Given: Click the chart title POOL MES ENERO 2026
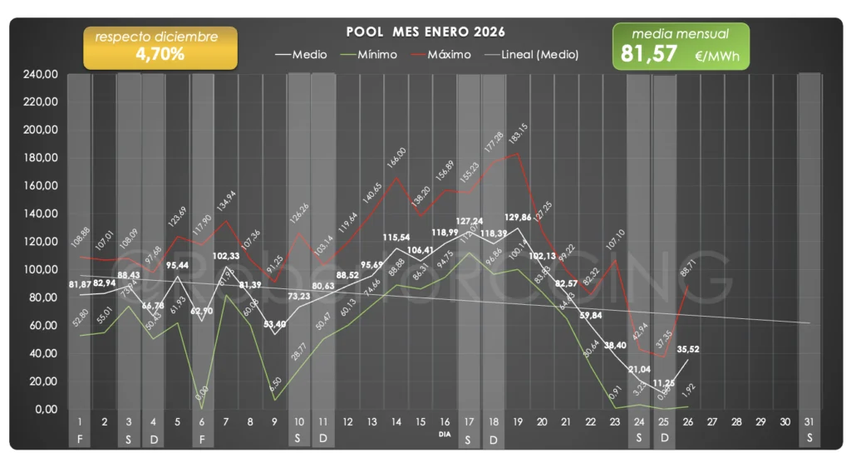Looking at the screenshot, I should click(x=425, y=32).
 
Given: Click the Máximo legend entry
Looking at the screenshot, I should click(x=450, y=55).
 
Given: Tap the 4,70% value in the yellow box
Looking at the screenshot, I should click(x=160, y=55).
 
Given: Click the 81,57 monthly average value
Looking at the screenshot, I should click(x=651, y=55).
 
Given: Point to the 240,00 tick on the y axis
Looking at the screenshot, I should click(x=41, y=75).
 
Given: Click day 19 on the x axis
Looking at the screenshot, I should click(x=518, y=422).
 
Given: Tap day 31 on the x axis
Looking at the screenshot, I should click(x=809, y=422).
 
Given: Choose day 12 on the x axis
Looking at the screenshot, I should click(x=347, y=422).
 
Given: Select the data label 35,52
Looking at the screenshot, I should click(x=688, y=349).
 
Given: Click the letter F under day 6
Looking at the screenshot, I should click(x=202, y=437).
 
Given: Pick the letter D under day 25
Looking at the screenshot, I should click(x=663, y=437).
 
